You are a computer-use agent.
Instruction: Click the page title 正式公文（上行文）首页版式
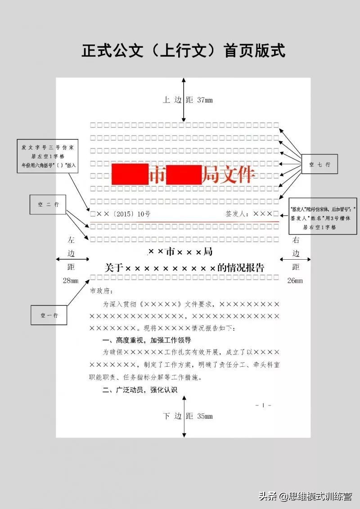(183, 51)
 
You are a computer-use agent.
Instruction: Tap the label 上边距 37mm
(188, 100)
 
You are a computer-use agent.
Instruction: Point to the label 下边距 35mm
(188, 416)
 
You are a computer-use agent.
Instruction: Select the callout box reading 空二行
(48, 205)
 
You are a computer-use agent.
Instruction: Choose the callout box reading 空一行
(49, 315)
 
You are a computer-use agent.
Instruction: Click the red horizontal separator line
(184, 222)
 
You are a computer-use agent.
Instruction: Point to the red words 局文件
(228, 175)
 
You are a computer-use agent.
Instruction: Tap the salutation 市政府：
(103, 291)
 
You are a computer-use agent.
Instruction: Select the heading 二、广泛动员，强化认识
(140, 390)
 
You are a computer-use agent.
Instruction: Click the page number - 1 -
(263, 405)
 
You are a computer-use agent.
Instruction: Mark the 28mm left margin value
(71, 281)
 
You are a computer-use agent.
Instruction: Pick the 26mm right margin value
(295, 281)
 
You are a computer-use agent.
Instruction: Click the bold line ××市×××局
(180, 251)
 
